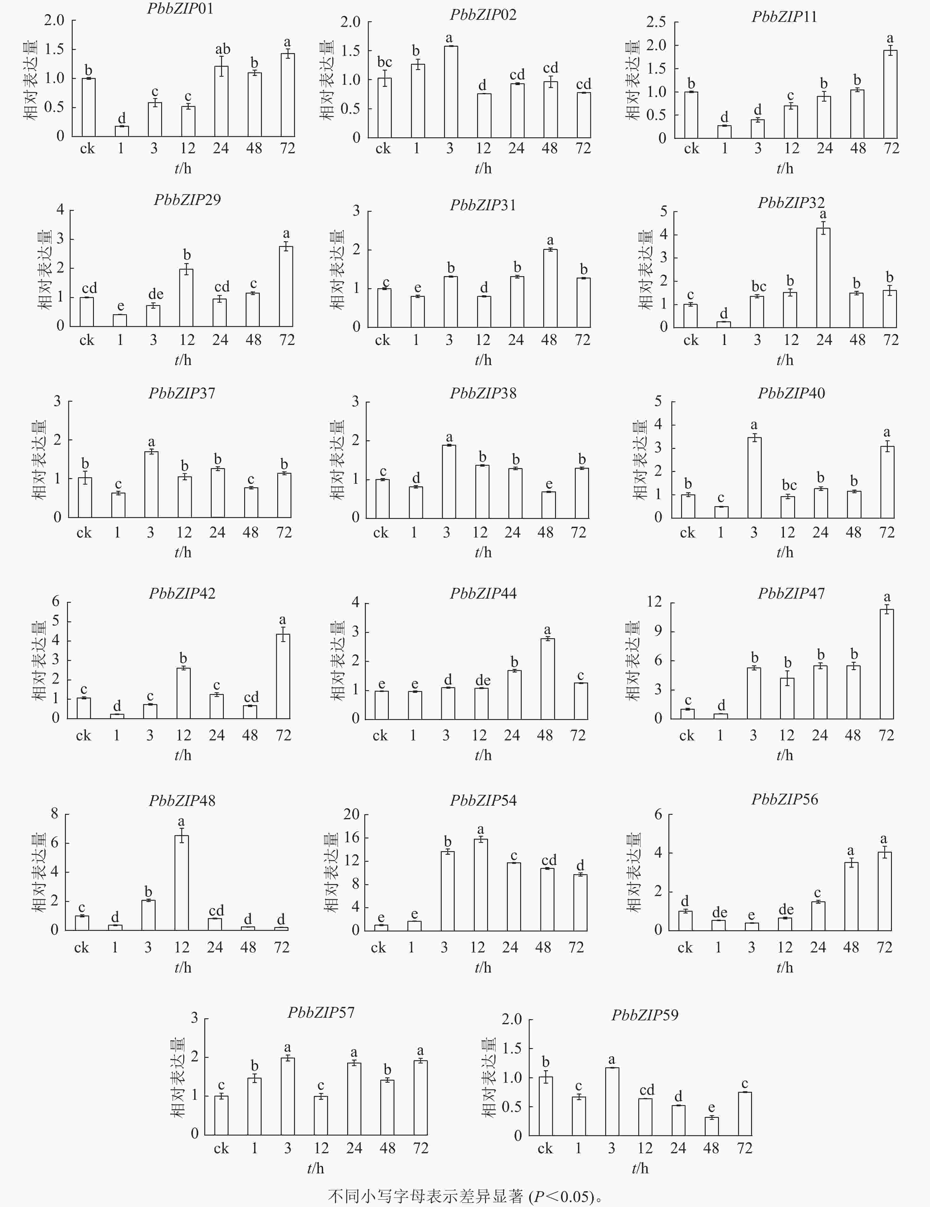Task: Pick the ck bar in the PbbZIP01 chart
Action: (x=88, y=107)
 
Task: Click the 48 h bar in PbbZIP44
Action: (x=547, y=679)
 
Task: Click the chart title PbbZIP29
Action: (x=187, y=200)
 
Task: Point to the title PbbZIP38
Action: (x=483, y=393)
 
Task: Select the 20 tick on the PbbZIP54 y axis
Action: (x=351, y=814)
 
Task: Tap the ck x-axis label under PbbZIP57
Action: (x=221, y=1149)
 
